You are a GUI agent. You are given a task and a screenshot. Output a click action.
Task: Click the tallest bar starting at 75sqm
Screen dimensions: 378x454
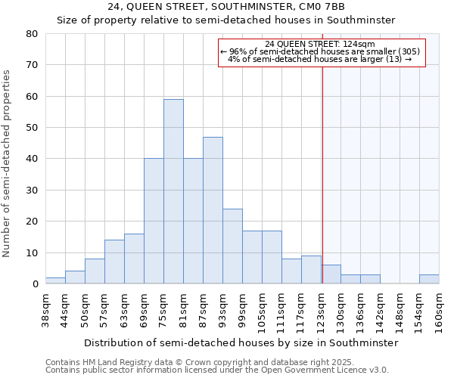click(x=173, y=191)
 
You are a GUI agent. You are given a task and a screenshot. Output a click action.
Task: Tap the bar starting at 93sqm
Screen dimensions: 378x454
click(x=232, y=246)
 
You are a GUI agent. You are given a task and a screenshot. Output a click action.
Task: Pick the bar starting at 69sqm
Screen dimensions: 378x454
click(x=154, y=221)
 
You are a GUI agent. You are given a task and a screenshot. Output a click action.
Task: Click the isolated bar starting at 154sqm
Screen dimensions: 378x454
click(x=429, y=279)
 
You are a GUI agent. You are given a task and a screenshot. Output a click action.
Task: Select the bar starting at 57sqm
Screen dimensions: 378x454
click(x=114, y=262)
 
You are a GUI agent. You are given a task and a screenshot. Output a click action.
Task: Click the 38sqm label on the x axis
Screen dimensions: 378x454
click(x=45, y=310)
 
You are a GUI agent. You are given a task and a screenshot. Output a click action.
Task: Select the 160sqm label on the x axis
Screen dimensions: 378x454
click(x=439, y=310)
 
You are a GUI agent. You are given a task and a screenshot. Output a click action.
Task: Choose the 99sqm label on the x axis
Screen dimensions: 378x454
click(x=242, y=310)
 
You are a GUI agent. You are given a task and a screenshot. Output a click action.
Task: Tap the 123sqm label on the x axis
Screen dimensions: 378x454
click(x=321, y=310)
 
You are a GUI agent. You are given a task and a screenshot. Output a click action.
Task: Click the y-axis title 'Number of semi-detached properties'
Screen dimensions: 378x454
click(x=8, y=163)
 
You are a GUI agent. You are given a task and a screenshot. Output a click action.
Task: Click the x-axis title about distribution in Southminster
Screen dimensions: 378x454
click(x=241, y=342)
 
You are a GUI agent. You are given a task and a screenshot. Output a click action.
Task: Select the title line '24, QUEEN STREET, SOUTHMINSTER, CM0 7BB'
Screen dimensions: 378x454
click(x=226, y=7)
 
